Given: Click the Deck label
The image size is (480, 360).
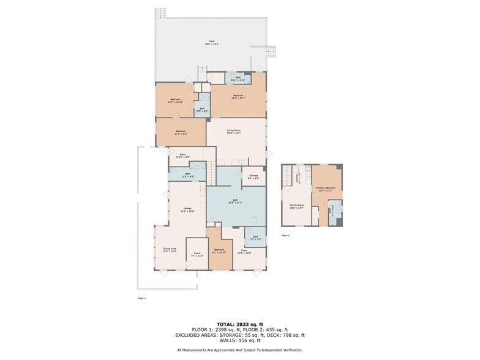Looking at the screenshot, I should tap(212, 42).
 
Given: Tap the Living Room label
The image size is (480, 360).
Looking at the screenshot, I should tap(233, 130).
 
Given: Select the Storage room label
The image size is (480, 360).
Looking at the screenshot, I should tap(253, 176).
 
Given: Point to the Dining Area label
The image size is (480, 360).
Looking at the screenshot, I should tap(170, 249).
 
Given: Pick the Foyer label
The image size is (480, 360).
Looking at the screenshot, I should tap(244, 250).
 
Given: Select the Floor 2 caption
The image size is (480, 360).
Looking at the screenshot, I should tap(285, 235).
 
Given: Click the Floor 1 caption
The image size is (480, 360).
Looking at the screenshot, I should tap(142, 298).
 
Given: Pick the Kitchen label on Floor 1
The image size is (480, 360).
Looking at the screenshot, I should tap(187, 209).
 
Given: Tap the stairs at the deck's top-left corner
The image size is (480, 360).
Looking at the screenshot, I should tap(160, 13).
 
